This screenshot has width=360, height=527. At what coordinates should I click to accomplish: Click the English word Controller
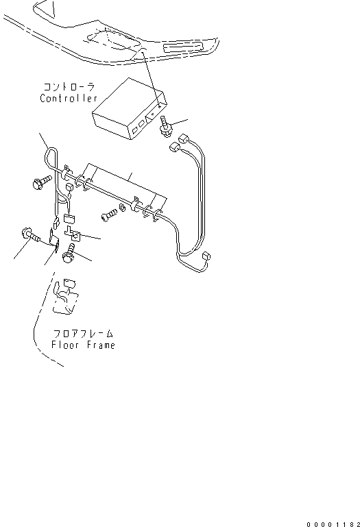click(x=69, y=98)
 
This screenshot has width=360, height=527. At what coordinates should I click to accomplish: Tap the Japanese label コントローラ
click(x=69, y=87)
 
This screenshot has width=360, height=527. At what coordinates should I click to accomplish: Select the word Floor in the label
click(x=65, y=345)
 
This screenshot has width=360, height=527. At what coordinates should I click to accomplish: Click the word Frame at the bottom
click(x=101, y=345)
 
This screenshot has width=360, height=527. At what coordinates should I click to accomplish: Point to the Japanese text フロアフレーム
click(x=83, y=334)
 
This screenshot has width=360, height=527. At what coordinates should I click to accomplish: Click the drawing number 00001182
click(x=333, y=524)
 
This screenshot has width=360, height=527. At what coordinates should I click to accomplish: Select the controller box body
click(x=130, y=108)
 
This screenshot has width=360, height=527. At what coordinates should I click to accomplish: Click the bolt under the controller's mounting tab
click(x=166, y=126)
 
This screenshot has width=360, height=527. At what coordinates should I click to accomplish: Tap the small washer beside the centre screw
click(x=123, y=209)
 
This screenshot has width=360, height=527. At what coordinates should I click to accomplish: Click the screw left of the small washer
click(x=109, y=215)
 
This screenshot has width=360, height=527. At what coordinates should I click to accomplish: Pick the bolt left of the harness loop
click(x=42, y=182)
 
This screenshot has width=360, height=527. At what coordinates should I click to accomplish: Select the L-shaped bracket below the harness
click(x=73, y=234)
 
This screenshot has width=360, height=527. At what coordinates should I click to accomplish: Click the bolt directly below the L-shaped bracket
click(x=70, y=253)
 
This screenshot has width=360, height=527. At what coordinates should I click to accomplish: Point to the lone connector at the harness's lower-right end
click(x=206, y=256)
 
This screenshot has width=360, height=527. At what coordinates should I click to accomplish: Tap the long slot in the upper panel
click(x=184, y=47)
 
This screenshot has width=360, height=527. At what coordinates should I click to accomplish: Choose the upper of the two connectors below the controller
click(x=184, y=138)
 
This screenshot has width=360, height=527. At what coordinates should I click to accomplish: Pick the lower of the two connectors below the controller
click(x=174, y=147)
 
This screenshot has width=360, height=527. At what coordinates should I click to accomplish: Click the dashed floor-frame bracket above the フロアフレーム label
click(x=66, y=297)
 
